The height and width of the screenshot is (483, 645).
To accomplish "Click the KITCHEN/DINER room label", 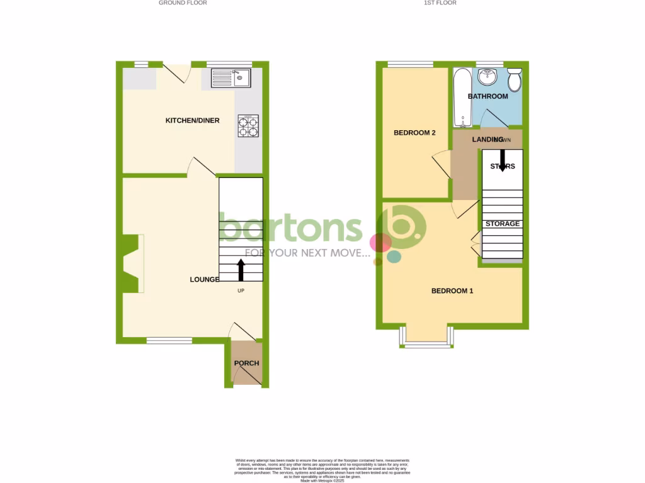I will pos(192,120).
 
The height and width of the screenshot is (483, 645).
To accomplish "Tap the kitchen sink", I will pos(231,78).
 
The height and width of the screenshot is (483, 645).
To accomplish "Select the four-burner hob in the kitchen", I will pos(248,126).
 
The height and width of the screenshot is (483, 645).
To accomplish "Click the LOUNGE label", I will pos(205,279).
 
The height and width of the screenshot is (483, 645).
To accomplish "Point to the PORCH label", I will pos(246,363).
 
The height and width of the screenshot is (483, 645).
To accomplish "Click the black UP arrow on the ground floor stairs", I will pos(241,270).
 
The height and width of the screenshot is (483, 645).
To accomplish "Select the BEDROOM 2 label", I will pos(414,133).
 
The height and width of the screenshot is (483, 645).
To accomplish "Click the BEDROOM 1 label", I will pos(452,291).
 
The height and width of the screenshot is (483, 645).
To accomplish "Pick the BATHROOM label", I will pos(488,96).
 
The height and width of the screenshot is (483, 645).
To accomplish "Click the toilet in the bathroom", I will pos(514,80).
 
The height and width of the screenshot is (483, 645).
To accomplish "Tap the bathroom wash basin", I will pos(487,77).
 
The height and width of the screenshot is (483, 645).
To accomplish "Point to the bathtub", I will pos(462,97).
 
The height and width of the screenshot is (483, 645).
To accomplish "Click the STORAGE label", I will pos(502,223).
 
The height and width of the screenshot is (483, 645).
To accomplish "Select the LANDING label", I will pos(477,138).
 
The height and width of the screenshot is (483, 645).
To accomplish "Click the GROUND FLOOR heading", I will pos(183,3).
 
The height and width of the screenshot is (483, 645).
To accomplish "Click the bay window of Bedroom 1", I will pos(426,338).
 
